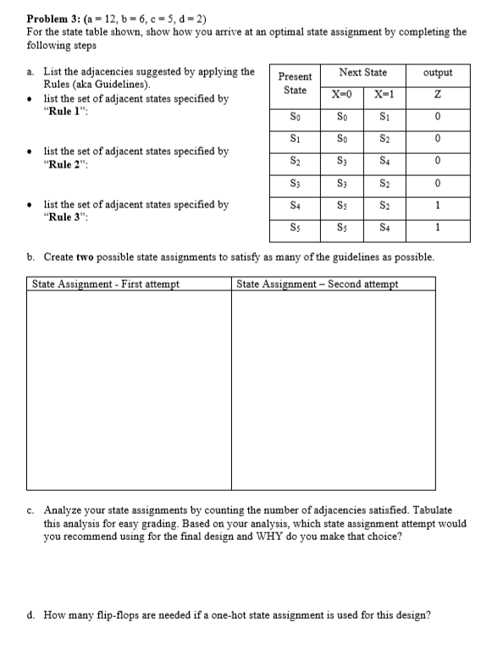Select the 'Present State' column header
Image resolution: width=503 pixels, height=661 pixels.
tap(295, 83)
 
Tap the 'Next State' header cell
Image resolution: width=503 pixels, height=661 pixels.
tap(362, 73)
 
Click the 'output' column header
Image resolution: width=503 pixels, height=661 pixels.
tap(437, 73)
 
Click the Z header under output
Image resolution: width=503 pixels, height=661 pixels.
tap(437, 94)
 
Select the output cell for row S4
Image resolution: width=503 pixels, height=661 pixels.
tap(437, 206)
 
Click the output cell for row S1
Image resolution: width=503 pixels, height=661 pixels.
tap(437, 138)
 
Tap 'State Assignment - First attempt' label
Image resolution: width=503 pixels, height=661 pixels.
tap(106, 284)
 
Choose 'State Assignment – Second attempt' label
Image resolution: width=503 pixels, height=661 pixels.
tap(318, 284)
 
